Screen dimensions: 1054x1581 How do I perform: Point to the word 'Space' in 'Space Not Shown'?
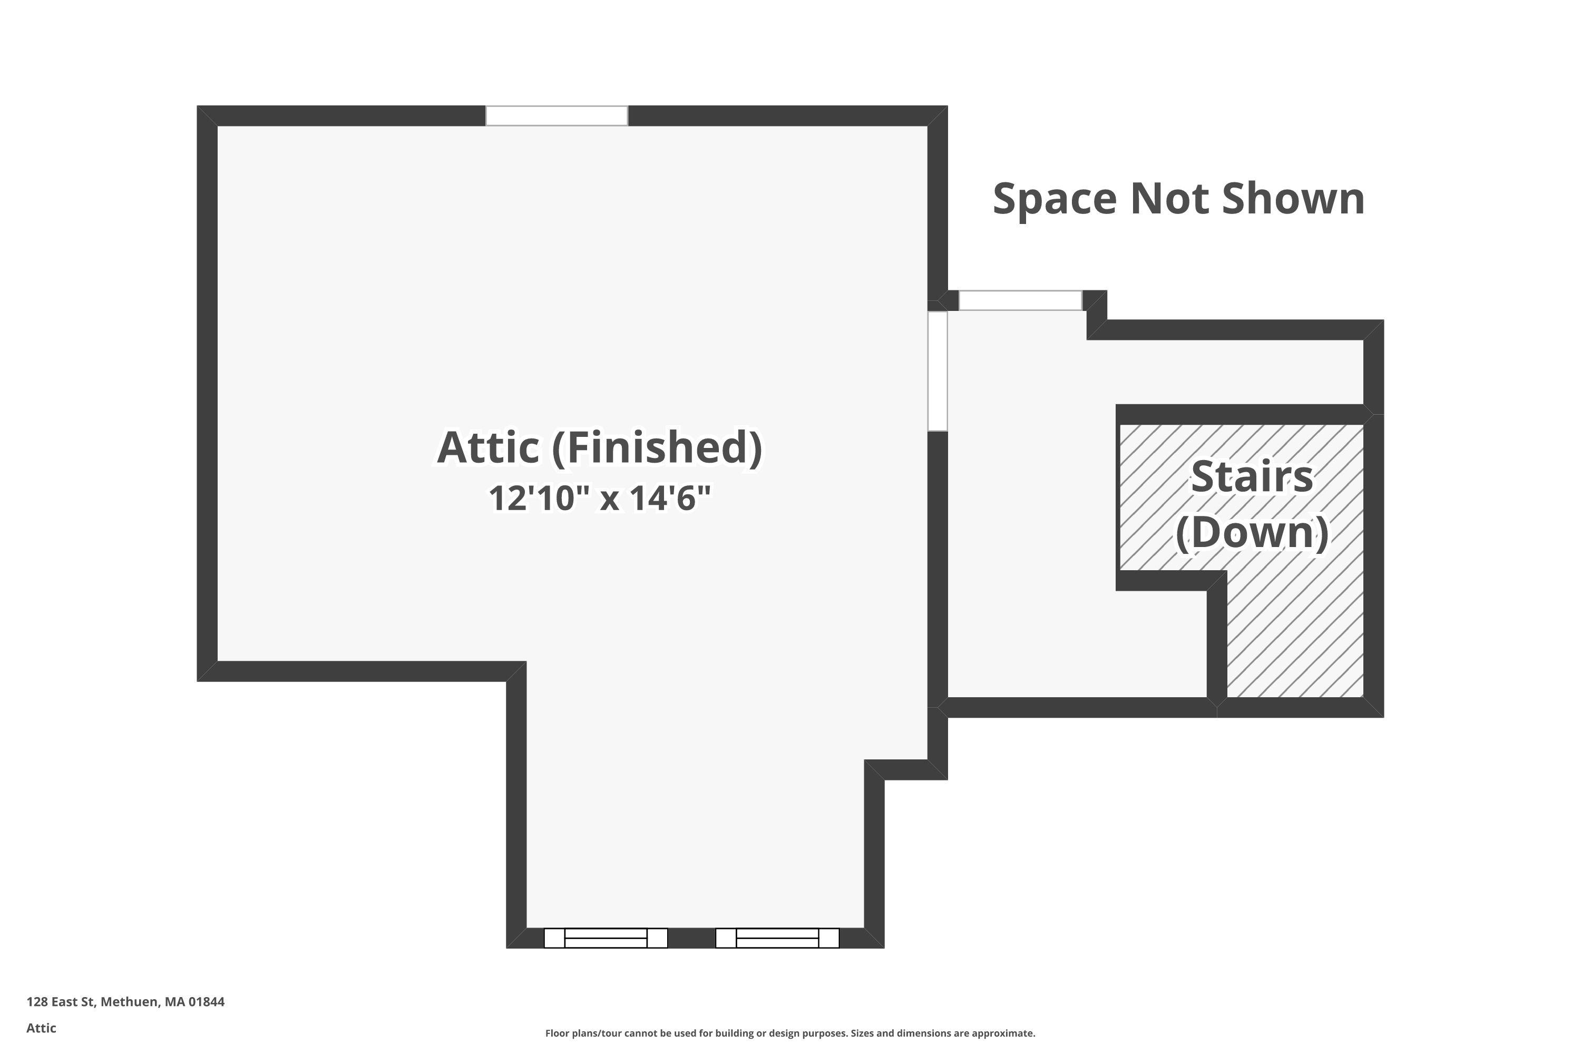click(x=1054, y=199)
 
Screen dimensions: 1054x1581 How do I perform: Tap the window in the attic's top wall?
click(x=557, y=115)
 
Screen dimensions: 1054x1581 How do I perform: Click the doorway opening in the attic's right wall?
click(x=938, y=370)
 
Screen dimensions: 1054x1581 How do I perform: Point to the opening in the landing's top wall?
click(x=1020, y=300)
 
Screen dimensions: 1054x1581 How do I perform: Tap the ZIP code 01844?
click(x=207, y=1002)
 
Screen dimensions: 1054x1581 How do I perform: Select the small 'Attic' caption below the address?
click(x=41, y=1028)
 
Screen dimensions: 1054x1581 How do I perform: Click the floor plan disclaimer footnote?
click(x=790, y=1033)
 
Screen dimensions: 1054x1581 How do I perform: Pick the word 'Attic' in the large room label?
click(x=488, y=447)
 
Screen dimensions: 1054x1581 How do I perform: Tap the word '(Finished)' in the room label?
click(x=657, y=447)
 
